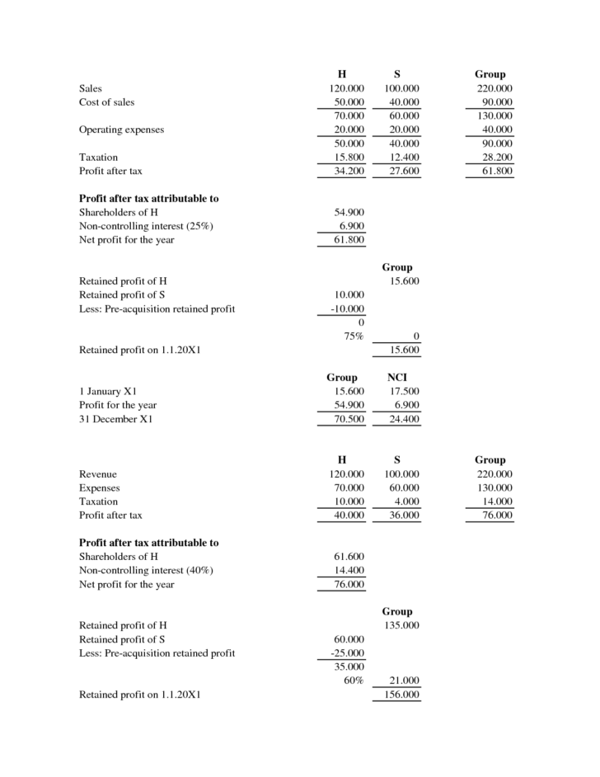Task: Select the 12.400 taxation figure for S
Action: pyautogui.click(x=402, y=157)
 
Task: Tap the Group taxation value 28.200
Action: pyautogui.click(x=495, y=157)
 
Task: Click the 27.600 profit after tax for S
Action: pyautogui.click(x=402, y=171)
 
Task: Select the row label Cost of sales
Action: pyautogui.click(x=106, y=102)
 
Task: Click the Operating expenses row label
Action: pyautogui.click(x=121, y=129)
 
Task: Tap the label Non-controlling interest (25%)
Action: pyautogui.click(x=146, y=226)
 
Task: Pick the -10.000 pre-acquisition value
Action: pyautogui.click(x=346, y=308)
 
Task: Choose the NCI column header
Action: pyautogui.click(x=398, y=377)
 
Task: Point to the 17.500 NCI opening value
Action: pyautogui.click(x=402, y=391)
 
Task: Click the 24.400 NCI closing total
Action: pyautogui.click(x=402, y=418)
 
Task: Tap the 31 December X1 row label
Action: pyautogui.click(x=115, y=418)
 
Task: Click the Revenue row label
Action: pyautogui.click(x=98, y=474)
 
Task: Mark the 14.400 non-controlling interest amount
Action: pyautogui.click(x=347, y=571)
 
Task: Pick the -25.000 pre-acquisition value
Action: pyautogui.click(x=346, y=653)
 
